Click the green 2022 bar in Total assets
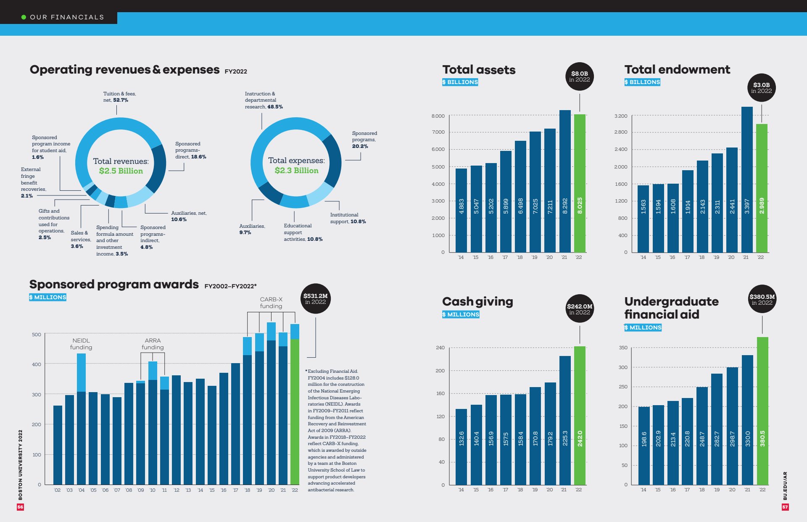tap(580, 183)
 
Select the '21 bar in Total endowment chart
tap(746, 180)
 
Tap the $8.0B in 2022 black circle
tap(579, 76)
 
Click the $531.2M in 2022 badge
tap(315, 298)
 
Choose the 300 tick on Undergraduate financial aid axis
tap(623, 367)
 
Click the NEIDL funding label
tap(81, 344)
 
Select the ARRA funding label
tap(153, 344)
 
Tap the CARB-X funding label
tap(271, 303)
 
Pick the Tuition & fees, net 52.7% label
tap(119, 97)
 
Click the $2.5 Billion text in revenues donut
tap(121, 171)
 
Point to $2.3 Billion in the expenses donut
tap(296, 171)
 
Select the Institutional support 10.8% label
tap(348, 218)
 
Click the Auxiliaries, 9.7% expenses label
tap(252, 229)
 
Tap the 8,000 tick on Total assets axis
tap(438, 116)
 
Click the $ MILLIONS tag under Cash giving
tap(461, 314)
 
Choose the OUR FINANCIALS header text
tap(66, 17)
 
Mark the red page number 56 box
tap(20, 507)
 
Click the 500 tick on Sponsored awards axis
tap(37, 335)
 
